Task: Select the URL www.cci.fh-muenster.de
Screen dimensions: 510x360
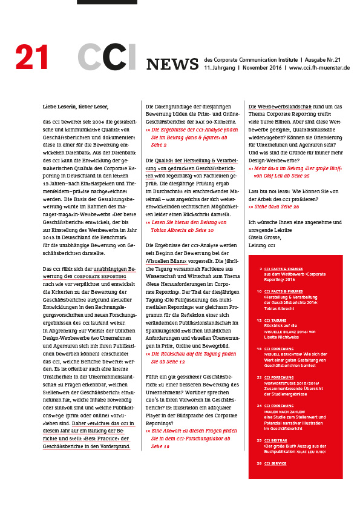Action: [319, 68]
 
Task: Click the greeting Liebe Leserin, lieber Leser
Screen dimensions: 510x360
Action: [75, 106]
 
